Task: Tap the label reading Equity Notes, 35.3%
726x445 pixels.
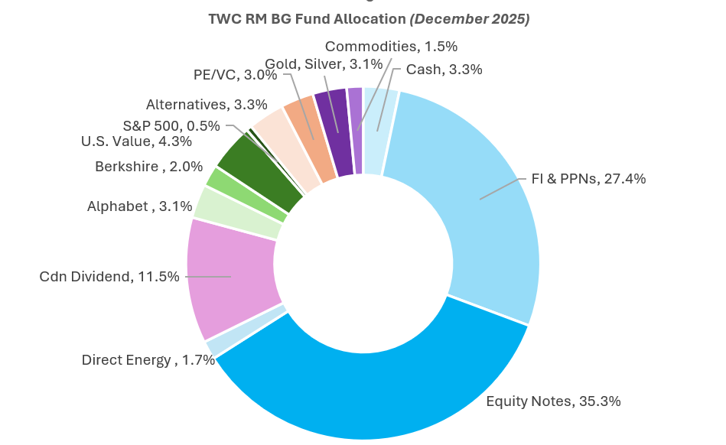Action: pos(553,401)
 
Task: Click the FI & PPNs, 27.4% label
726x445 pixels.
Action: pos(588,179)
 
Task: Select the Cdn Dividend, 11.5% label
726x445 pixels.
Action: pos(109,276)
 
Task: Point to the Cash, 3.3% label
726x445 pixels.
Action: pos(444,70)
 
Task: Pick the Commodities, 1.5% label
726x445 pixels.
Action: pos(391,47)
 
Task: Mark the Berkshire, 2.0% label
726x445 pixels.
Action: pos(148,166)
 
